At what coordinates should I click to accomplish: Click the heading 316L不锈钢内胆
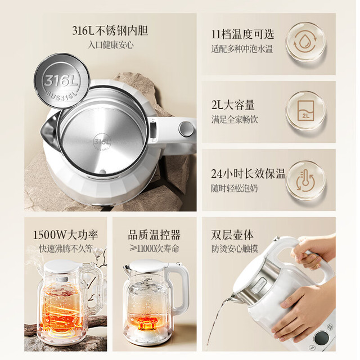[x=110, y=30]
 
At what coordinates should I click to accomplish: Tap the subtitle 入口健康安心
[x=110, y=45]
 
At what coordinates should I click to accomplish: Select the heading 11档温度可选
[x=242, y=34]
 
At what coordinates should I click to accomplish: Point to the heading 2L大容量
[x=233, y=105]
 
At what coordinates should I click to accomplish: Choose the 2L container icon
[x=305, y=110]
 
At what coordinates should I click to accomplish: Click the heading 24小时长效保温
[x=248, y=174]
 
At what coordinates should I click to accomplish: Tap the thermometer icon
[x=305, y=180]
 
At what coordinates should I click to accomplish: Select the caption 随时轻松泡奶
[x=235, y=188]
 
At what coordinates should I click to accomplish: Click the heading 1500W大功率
[x=66, y=235]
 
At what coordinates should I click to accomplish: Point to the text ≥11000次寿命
[x=154, y=249]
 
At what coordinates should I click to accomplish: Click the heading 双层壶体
[x=232, y=235]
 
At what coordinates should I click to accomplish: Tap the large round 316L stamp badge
[x=61, y=81]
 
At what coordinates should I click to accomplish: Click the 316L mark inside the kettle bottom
[x=102, y=143]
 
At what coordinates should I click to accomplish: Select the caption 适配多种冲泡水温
[x=242, y=49]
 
